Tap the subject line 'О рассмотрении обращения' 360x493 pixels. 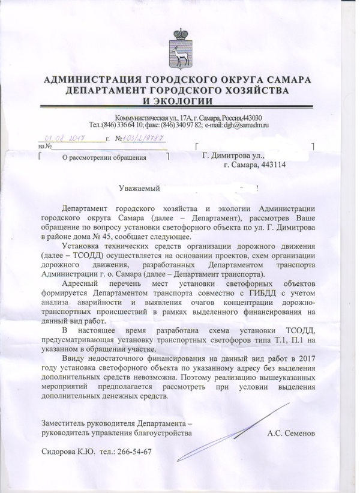104,159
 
